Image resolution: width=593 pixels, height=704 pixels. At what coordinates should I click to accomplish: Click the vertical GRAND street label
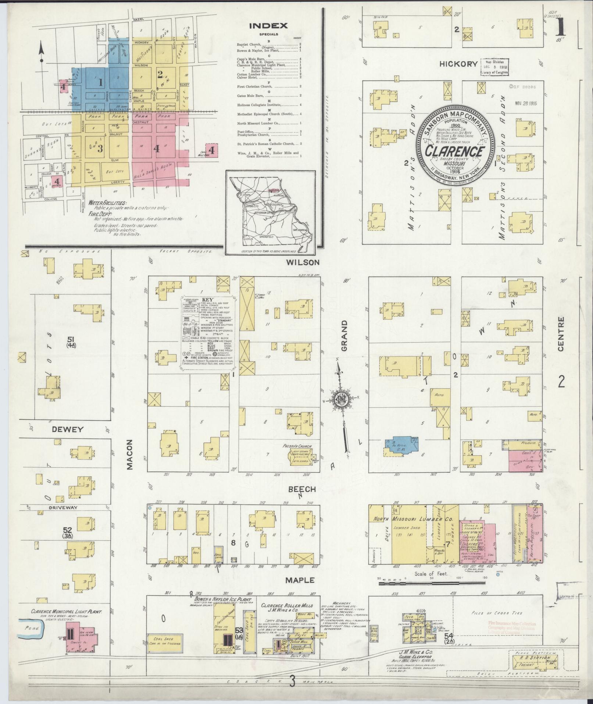(x=344, y=335)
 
